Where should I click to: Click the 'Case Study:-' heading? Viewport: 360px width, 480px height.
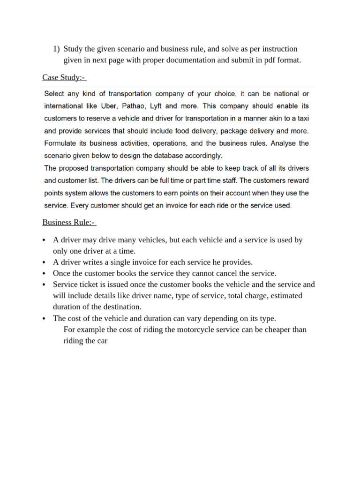(x=64, y=77)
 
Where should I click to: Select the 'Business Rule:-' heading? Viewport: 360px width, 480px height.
(x=69, y=222)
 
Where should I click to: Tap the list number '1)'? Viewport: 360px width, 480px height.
(x=56, y=49)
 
